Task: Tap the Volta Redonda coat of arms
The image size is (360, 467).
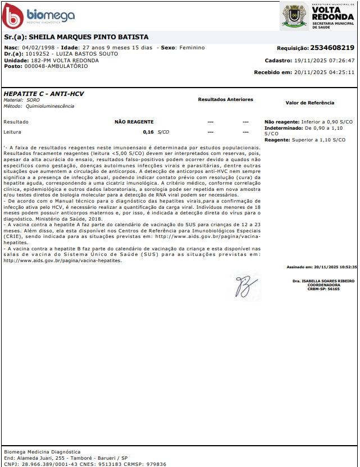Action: point(294,15)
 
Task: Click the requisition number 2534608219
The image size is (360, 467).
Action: point(332,48)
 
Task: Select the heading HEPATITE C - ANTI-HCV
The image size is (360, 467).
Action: point(44,94)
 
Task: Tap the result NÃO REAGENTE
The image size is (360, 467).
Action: point(134,122)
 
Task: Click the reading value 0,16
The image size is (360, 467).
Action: point(148,132)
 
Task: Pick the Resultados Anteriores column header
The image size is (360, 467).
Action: point(225,99)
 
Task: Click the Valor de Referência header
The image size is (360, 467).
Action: point(309,103)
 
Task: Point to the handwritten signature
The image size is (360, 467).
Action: point(245,286)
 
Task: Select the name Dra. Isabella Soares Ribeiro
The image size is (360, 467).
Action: point(323,280)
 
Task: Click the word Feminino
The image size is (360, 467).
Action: point(192,48)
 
